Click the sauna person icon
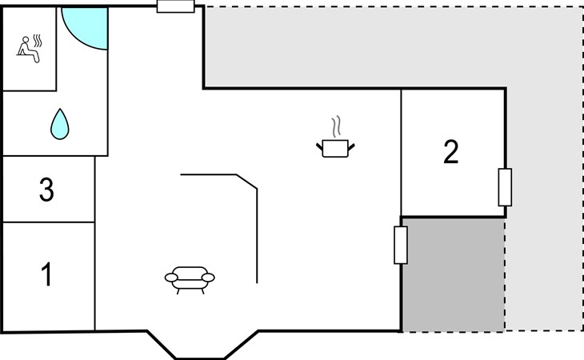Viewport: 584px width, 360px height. coord(29,49)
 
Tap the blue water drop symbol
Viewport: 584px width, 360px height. coord(59,124)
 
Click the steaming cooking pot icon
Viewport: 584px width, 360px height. coord(335,137)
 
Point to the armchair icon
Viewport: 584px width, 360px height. coord(190,280)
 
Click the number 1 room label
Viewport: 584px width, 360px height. coord(46,274)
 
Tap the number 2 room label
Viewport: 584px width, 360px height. coord(451,152)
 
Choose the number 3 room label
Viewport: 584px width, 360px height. coord(46,190)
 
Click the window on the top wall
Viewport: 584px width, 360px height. coord(176,6)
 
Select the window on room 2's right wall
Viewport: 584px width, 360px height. coord(505,187)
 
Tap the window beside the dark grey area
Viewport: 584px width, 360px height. coord(401,246)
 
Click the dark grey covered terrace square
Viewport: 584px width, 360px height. coord(454,274)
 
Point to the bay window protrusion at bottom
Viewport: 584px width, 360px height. coord(202,344)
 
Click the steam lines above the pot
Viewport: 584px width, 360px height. coord(336,126)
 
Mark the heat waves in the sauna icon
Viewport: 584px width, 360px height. coord(38,41)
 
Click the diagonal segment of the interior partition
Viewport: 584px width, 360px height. coord(247,182)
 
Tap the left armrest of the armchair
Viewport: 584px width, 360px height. coord(171,278)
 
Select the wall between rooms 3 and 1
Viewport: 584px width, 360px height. coord(49,222)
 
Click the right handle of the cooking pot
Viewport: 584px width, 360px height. coord(351,147)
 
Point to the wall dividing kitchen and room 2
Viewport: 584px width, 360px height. coord(401,153)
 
